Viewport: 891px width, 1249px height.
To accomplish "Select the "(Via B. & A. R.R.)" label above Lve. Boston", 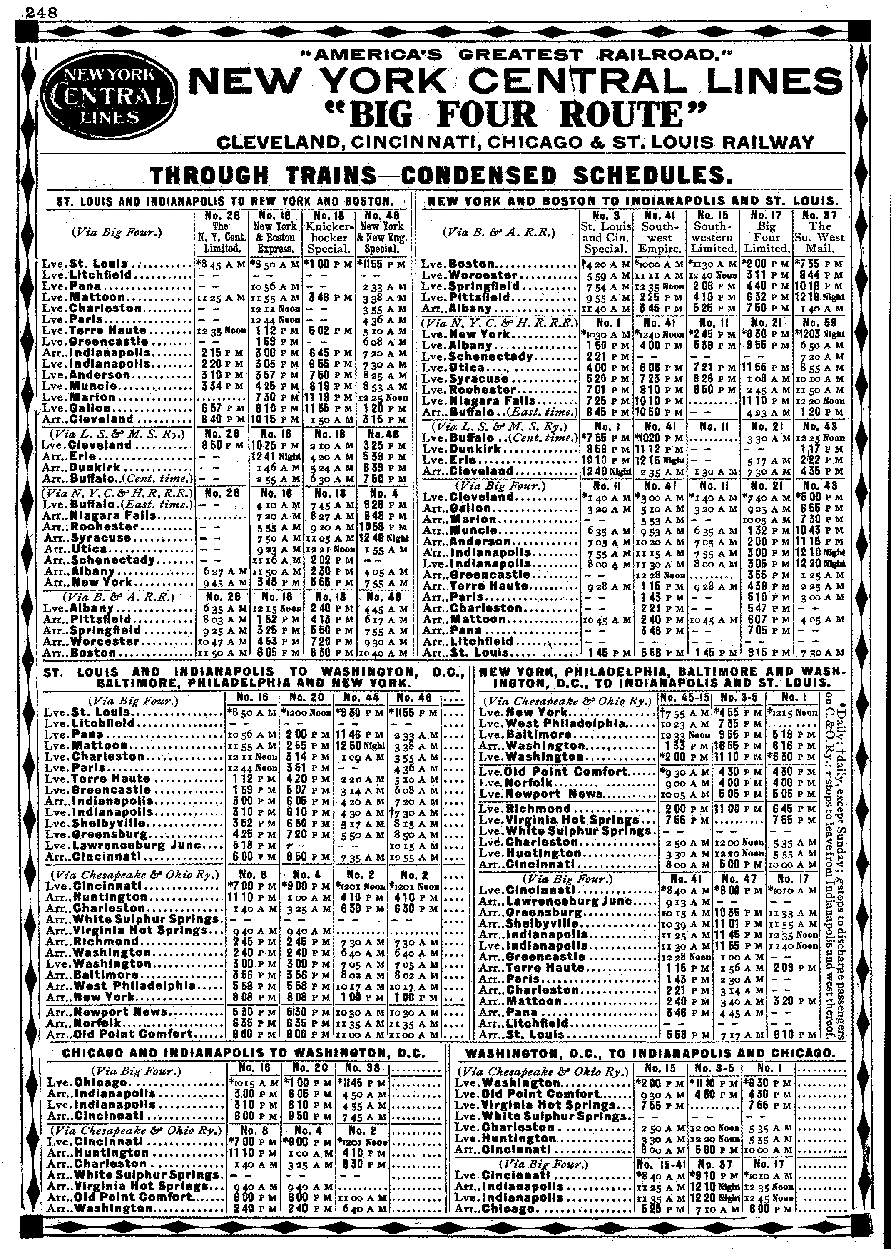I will coord(499,232).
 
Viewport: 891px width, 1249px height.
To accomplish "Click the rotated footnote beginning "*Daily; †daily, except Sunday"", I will coord(832,867).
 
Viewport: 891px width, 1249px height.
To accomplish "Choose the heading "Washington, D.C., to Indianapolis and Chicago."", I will coord(650,1053).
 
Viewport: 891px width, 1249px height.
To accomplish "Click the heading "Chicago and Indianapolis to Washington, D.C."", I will coord(244,1053).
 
